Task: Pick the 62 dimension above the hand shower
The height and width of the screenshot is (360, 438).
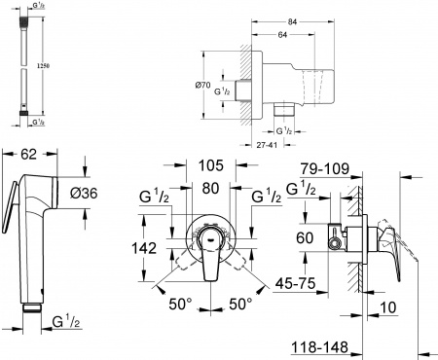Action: tap(28, 155)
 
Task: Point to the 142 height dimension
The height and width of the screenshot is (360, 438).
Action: tap(143, 249)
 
